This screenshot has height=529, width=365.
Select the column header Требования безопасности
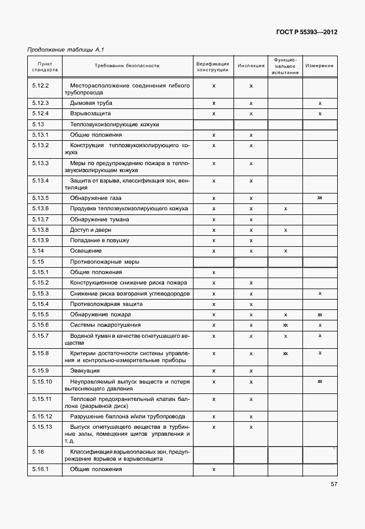[x=127, y=66]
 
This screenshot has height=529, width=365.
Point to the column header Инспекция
[x=251, y=66]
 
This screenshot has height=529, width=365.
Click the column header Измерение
[x=319, y=66]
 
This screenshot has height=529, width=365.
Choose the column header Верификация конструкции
[x=213, y=66]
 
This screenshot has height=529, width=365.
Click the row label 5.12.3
[x=40, y=103]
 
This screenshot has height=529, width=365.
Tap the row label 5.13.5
[x=40, y=198]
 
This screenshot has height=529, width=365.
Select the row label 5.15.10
[x=42, y=381]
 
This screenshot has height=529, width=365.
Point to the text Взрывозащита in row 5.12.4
[x=90, y=114]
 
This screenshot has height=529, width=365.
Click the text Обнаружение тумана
[x=100, y=220]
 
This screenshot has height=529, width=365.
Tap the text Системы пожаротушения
[x=105, y=325]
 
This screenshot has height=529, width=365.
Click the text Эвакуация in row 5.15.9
[x=85, y=370]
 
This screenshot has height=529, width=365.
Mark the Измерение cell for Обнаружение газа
[x=320, y=198]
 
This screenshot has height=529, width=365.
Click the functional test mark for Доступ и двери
[x=286, y=230]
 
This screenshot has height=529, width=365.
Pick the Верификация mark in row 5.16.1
[x=214, y=469]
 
